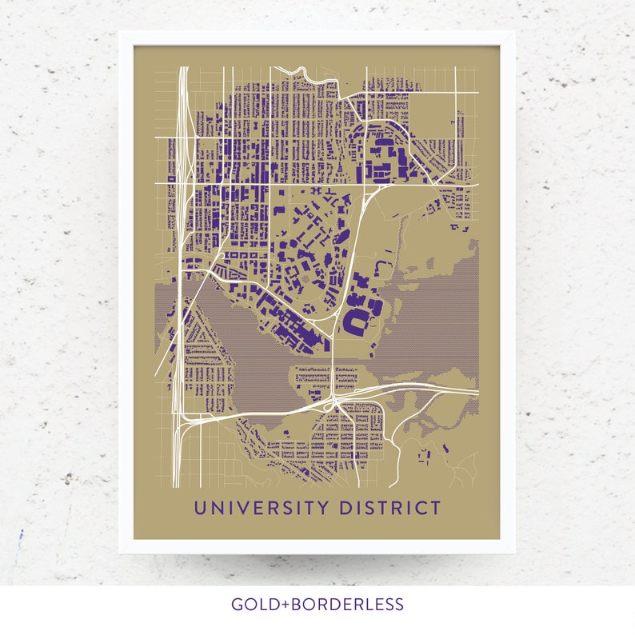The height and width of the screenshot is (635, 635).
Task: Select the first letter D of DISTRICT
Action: tap(344, 508)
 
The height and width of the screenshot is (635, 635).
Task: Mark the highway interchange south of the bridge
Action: tap(336, 400)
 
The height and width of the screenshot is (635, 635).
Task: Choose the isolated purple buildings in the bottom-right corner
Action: tap(425, 454)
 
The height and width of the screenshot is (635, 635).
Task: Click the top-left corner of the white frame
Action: tap(120, 33)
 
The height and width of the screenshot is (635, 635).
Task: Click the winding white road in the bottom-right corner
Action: tap(456, 468)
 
